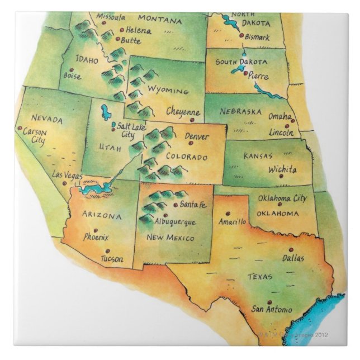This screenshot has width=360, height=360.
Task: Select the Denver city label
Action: [x=196, y=136]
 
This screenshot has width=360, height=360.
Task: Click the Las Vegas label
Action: [x=67, y=175]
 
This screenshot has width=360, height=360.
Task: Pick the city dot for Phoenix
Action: [x=95, y=230]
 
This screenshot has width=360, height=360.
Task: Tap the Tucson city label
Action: [x=112, y=259]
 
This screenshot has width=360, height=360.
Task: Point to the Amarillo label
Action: [x=233, y=221]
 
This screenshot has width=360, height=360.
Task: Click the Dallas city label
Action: [x=293, y=258]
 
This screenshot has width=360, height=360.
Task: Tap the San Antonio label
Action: [x=271, y=309]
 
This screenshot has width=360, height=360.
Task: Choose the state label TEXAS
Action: [x=259, y=276]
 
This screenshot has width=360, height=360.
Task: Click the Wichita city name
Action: [x=282, y=168]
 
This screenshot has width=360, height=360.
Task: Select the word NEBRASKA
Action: [x=240, y=111]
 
